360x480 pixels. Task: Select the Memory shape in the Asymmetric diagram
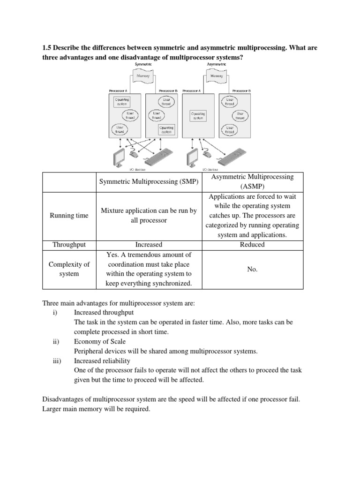216,75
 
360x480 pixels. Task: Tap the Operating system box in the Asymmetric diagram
197,115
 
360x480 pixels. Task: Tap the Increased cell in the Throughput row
149,244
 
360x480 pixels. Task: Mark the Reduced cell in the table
252,244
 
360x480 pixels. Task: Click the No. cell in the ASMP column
252,270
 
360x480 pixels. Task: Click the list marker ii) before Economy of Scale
56,342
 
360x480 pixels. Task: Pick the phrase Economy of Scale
100,342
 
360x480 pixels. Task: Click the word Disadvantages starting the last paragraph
64,399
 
